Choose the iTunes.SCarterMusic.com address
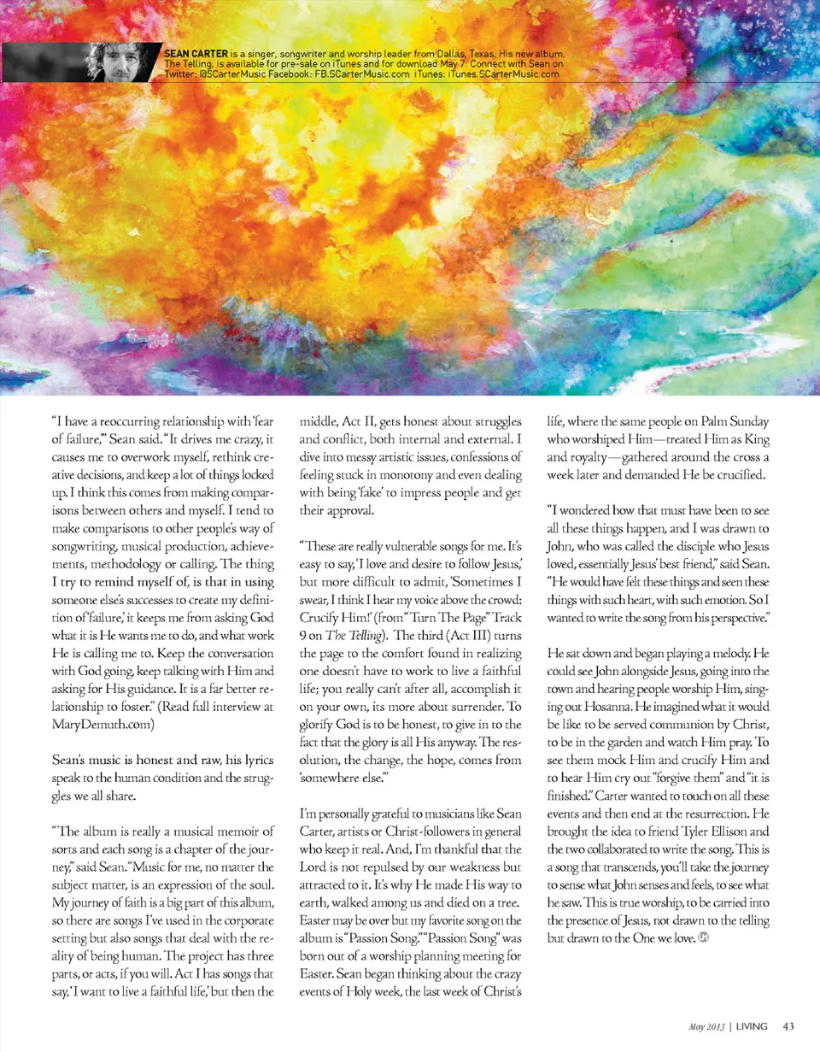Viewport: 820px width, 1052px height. coord(503,74)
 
